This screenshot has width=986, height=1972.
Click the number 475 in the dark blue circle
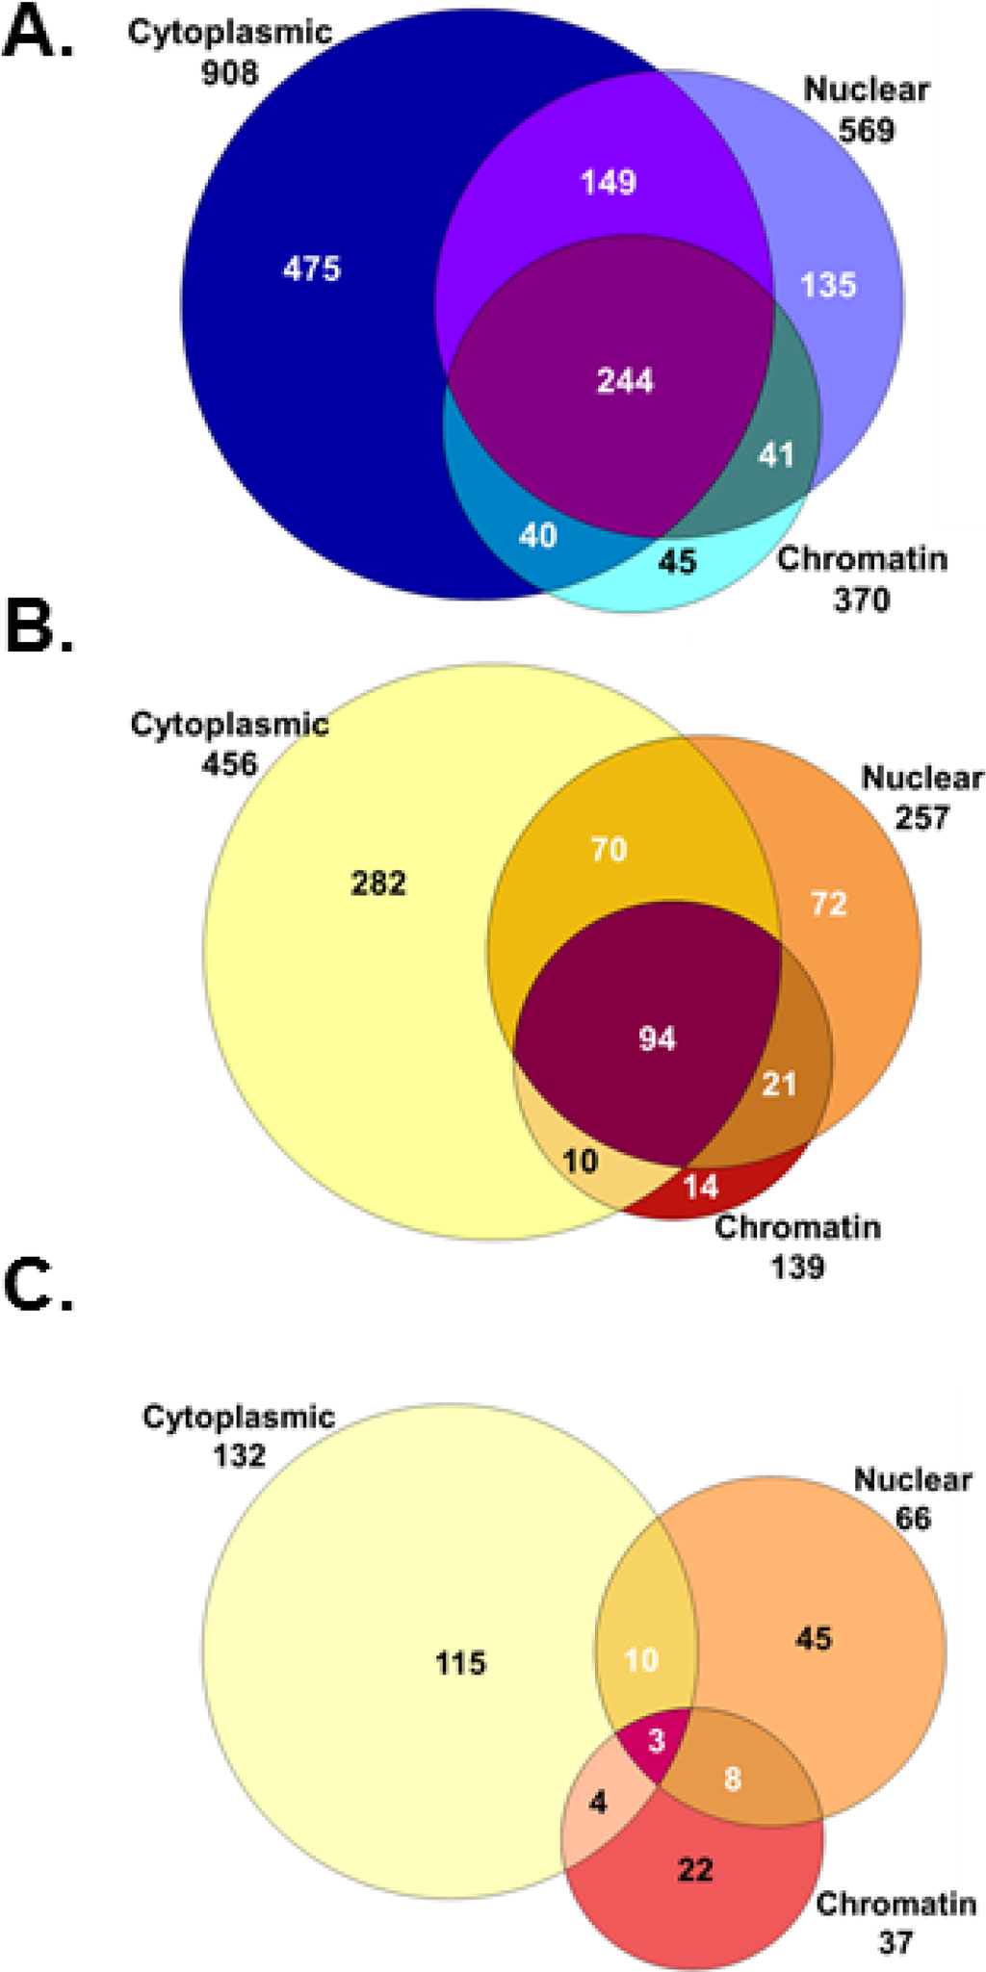coord(311,269)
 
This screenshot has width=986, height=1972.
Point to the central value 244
coord(625,380)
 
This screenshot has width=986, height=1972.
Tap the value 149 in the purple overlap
coord(609,181)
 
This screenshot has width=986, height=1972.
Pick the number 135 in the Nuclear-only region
coord(828,285)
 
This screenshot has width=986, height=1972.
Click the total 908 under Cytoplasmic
coord(230,72)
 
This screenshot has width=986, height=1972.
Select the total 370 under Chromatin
coord(861,600)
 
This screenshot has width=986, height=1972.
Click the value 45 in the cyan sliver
coord(676,560)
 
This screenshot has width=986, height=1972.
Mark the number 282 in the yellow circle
coord(378,883)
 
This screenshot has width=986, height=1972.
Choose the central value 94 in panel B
coord(658,1038)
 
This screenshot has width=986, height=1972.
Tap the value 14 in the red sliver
coord(701,1186)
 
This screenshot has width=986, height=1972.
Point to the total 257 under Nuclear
coord(921,817)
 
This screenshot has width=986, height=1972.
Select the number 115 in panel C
coord(460,1662)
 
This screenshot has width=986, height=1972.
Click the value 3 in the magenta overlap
coord(657,1740)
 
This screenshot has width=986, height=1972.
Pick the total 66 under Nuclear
coord(913,1518)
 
